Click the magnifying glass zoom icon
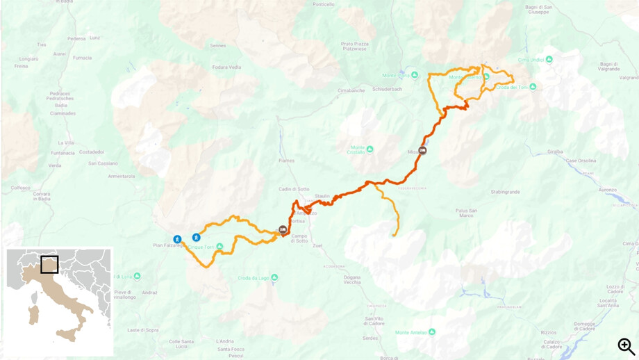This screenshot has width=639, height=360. click(626, 345)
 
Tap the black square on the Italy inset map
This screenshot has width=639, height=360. click(49, 264)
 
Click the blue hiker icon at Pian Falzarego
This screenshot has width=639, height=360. click(178, 239)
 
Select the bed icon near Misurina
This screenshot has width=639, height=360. click(422, 150)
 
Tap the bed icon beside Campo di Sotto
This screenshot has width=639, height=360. click(283, 229)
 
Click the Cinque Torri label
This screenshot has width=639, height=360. click(201, 247)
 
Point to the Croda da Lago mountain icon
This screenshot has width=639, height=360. click(274, 278)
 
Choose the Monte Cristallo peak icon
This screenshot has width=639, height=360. click(370, 149)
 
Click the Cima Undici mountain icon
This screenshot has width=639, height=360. click(549, 60)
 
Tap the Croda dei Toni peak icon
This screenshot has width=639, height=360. click(533, 87)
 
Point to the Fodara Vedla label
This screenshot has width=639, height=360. click(226, 67)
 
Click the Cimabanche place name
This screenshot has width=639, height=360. click(351, 90)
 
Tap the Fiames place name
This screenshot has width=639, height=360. click(286, 161)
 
